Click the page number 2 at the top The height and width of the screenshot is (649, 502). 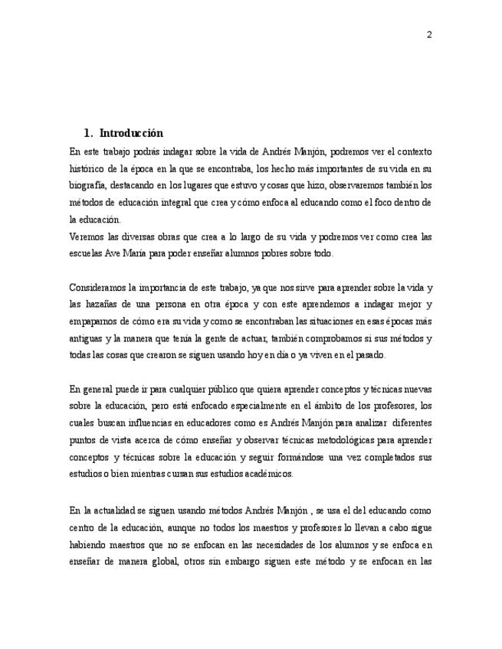(x=429, y=34)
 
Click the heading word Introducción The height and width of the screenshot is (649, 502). (x=131, y=133)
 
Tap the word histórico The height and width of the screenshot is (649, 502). (x=88, y=168)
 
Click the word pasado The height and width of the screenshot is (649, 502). (x=370, y=355)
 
